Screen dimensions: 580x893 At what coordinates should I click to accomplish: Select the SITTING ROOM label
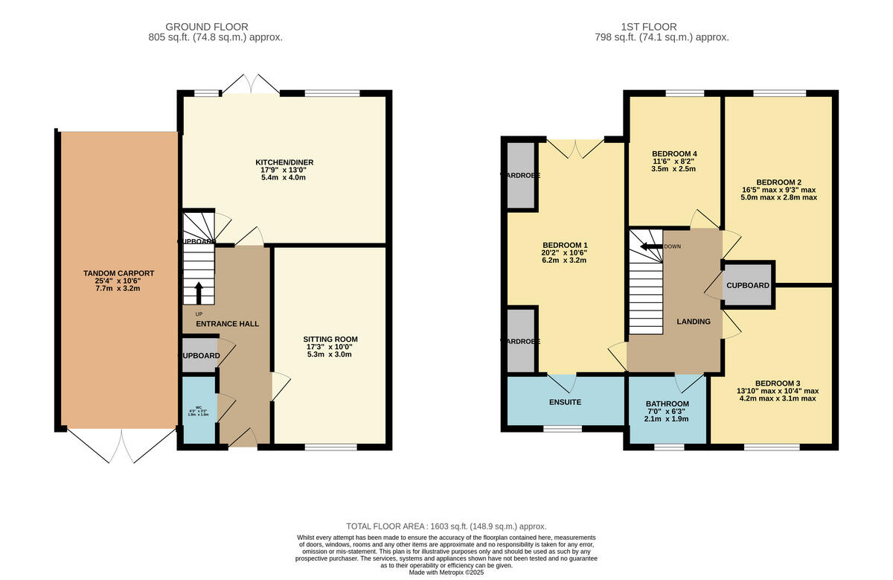coord(330,339)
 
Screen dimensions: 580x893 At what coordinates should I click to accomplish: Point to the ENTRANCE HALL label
coord(227,324)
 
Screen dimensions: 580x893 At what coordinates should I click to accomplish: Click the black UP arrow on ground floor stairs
coord(199,293)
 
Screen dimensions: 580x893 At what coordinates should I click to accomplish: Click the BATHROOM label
coord(668,404)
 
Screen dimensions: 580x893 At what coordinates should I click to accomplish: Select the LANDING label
coord(693,322)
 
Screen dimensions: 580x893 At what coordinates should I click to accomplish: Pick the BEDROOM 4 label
coord(674,154)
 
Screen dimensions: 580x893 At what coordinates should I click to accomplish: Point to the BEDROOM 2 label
coord(778,182)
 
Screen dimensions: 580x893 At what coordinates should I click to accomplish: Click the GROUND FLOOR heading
coord(207,27)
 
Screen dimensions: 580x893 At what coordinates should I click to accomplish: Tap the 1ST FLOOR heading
coord(662,27)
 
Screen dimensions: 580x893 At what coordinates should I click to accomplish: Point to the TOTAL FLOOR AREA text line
coord(446,526)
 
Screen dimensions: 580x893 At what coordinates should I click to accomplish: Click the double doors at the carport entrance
coord(121,446)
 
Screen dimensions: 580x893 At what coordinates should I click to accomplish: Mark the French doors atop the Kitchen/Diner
coord(251,84)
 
